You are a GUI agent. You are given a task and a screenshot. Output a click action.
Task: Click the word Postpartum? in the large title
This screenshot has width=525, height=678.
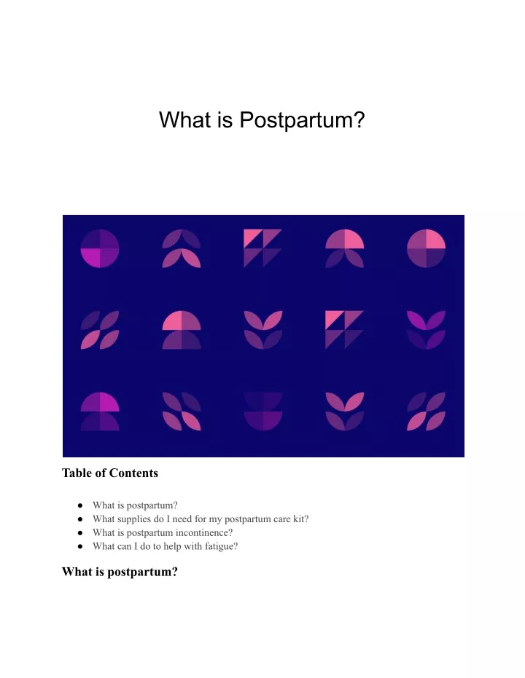(x=302, y=120)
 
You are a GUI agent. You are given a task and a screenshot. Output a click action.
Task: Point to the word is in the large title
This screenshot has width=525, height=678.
(x=225, y=119)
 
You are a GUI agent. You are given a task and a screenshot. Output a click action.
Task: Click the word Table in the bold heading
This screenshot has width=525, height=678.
(x=77, y=473)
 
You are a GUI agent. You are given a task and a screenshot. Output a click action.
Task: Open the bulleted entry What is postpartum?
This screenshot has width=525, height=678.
(x=135, y=505)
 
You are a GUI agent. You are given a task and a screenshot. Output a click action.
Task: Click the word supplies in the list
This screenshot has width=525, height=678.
(x=133, y=519)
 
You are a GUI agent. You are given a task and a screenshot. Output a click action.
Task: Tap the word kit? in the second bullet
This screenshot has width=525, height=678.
(x=301, y=519)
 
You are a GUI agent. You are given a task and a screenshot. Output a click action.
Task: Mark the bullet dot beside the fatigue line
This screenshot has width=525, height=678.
(x=80, y=546)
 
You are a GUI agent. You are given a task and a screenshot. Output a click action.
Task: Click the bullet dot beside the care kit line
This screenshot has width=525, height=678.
(x=80, y=519)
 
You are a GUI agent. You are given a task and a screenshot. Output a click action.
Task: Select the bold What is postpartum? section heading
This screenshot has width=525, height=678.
(x=120, y=572)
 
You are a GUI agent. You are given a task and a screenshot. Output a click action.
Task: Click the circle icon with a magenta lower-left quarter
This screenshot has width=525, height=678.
(x=100, y=248)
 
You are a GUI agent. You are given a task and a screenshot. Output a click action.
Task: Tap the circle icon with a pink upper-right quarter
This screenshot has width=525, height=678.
(x=427, y=248)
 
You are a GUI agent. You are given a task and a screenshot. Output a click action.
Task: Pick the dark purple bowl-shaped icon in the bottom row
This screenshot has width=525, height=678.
(x=263, y=411)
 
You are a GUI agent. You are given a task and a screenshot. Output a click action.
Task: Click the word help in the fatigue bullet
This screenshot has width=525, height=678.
(x=172, y=546)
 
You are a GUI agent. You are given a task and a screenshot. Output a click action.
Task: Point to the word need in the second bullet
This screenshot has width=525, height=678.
(x=182, y=519)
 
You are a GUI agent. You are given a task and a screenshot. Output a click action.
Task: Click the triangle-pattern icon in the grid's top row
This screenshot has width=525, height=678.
(x=262, y=248)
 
